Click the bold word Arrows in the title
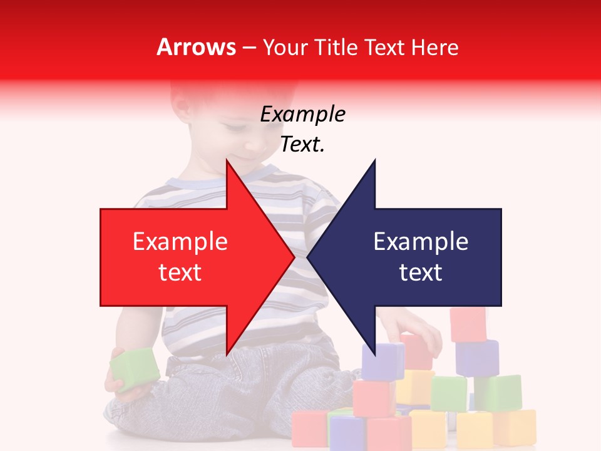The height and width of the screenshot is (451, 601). point(197,48)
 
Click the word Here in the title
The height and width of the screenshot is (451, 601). point(434,48)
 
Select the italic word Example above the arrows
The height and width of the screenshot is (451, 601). point(302,115)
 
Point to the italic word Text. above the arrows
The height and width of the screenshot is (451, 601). point(302,145)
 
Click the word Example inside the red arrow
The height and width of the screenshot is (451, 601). point(180,242)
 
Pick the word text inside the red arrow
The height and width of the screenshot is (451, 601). point(180,272)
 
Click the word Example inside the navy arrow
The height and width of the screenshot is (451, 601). point(421,242)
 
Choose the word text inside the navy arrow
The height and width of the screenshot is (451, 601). point(421,272)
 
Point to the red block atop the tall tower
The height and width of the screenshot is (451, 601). point(468,324)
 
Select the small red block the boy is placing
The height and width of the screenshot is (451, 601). point(417,351)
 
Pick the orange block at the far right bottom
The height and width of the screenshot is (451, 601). point(515,428)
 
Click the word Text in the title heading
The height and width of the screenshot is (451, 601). point(385,48)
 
